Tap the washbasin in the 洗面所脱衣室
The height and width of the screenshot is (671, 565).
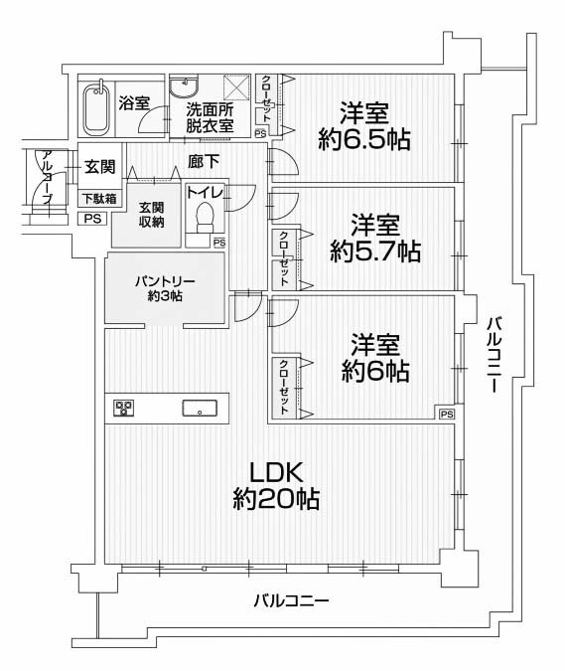coord(185,86)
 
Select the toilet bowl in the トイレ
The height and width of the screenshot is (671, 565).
coord(205,218)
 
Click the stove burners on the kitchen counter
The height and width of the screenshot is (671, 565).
coord(123,409)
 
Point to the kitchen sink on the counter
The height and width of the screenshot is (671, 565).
coord(200,408)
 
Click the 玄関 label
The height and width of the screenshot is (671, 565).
coord(100,166)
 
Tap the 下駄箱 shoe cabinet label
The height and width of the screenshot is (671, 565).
coord(99,199)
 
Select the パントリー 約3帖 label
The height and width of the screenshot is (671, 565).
coord(165,288)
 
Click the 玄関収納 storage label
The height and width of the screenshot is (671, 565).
coord(152,215)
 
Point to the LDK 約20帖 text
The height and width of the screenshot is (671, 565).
coord(276,485)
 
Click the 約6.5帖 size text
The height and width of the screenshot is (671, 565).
coord(364,139)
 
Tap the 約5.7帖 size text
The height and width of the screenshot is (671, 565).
coord(375,252)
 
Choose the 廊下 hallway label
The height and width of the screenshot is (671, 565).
coord(204,161)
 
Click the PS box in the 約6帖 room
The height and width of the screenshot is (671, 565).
coord(447,414)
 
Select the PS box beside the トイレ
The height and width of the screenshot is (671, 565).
coord(219,244)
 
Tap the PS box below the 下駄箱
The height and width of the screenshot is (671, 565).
coord(92,219)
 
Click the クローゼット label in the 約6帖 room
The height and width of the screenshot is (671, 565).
coord(284,387)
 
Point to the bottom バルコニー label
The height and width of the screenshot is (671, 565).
coord(292,600)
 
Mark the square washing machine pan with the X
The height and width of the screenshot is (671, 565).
coord(236,86)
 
